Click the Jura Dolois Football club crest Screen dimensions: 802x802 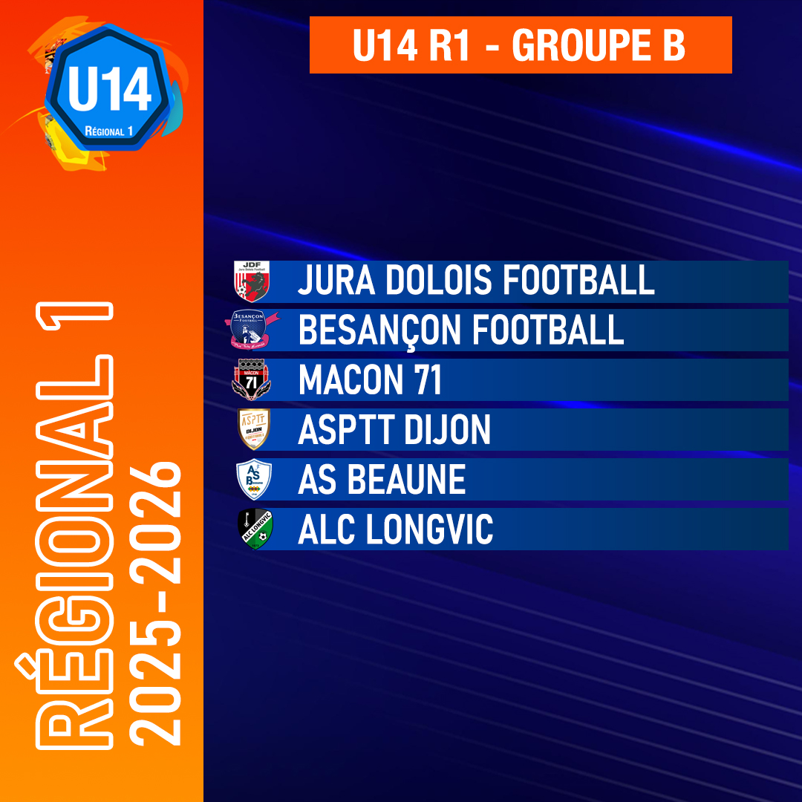[252, 281]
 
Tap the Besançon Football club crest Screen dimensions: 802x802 [252, 330]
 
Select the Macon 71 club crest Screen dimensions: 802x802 [251, 379]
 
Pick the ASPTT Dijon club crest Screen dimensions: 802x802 [254, 429]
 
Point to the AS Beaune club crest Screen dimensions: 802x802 [254, 479]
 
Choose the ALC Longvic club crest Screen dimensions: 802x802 [255, 529]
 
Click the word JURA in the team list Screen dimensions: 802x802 [336, 280]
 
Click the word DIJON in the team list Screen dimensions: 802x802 [447, 430]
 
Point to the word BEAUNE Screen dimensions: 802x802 [407, 479]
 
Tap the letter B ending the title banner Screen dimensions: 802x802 [674, 45]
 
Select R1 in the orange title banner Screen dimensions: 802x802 [449, 45]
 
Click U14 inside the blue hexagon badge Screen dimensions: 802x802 [109, 89]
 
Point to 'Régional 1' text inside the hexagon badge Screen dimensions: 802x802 [108, 131]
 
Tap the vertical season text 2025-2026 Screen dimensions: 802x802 [155, 604]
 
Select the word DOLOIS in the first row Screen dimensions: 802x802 [439, 280]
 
